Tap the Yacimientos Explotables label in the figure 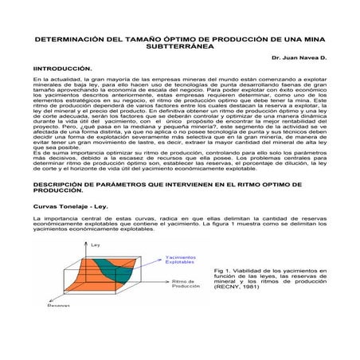[180, 260]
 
